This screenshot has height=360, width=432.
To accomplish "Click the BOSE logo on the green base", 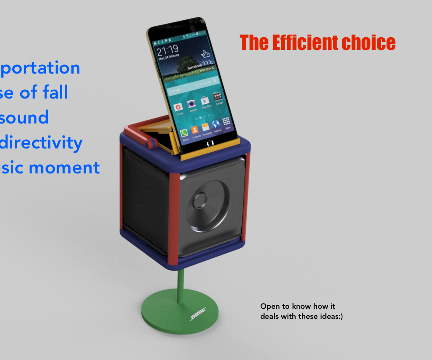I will coord(204,315).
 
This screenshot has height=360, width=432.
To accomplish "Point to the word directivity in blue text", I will coord(42,143).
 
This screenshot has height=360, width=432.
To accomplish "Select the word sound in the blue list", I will coord(25,118).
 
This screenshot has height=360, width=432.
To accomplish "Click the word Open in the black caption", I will coord(269,306).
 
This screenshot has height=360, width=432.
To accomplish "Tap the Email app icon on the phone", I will coord(178,107).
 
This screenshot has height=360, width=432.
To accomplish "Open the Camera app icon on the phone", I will coord(191,104).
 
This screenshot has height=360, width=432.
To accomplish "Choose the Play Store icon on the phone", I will coord(205,101).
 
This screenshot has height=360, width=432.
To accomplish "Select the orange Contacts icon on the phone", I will coord(195,130).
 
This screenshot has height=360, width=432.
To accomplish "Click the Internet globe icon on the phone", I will coord(216,125).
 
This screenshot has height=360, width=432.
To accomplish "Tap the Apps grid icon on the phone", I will coord(227,122).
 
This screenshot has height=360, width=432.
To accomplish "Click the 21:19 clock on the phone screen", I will coord(168,49).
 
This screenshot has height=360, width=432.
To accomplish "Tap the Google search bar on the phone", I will coord(193,86).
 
